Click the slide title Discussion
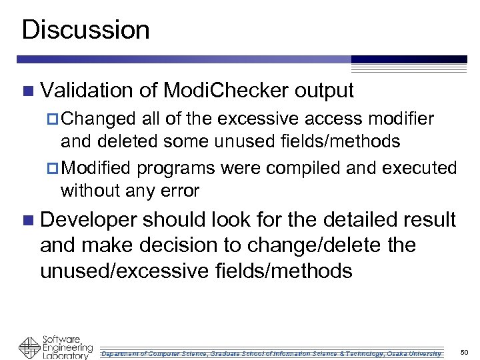[85, 30]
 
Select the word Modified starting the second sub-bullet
[101, 167]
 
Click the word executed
[419, 167]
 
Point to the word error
[180, 191]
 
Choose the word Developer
[89, 219]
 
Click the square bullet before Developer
[27, 220]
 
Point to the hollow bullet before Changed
[55, 120]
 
